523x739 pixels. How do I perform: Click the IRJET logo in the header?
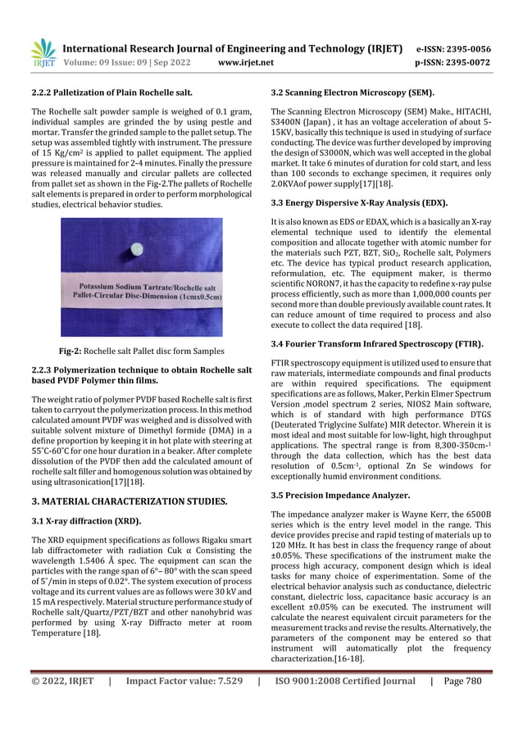(43, 52)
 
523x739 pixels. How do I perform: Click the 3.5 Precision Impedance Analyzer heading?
(340, 496)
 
